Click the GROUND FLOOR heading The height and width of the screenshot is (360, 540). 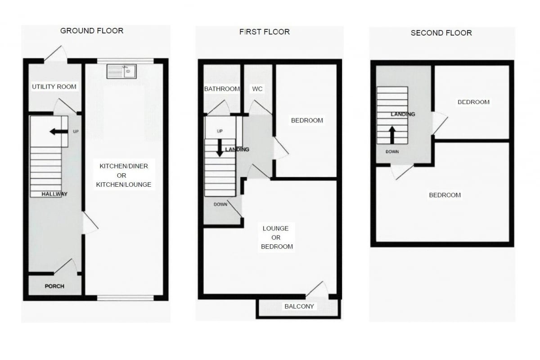[x=92, y=31]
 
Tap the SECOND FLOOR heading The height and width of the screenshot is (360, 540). [x=441, y=33]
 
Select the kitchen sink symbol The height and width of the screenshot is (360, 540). [x=121, y=72]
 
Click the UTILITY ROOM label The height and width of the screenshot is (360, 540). [x=54, y=86]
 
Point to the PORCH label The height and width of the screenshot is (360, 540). [x=54, y=286]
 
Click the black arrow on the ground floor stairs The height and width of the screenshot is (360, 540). [x=58, y=132]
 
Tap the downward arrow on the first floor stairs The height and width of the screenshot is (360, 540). [x=220, y=148]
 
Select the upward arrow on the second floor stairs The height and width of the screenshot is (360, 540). [x=392, y=135]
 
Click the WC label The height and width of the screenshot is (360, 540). [x=257, y=89]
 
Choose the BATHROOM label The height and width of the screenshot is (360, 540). [x=222, y=89]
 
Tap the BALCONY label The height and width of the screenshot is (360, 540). [x=299, y=306]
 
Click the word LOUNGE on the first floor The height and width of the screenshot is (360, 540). [x=275, y=228]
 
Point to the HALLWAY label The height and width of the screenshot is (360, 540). [x=54, y=194]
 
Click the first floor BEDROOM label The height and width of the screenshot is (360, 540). [x=307, y=120]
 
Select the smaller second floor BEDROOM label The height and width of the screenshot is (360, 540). [x=473, y=102]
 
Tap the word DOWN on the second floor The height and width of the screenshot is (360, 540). [x=392, y=152]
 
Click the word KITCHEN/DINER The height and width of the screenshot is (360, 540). [x=124, y=166]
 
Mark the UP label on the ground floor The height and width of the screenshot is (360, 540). [x=76, y=132]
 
